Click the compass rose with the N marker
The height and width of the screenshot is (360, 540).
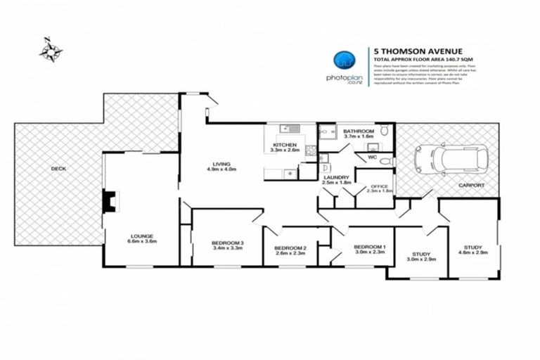(x=50, y=50)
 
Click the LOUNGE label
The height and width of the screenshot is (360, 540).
(x=141, y=238)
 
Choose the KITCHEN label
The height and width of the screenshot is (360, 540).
(x=285, y=146)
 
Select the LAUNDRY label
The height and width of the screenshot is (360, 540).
(x=336, y=179)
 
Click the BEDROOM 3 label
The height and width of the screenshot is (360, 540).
(x=226, y=245)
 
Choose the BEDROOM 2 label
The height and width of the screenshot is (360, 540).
(x=290, y=250)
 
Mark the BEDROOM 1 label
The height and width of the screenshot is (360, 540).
(x=369, y=248)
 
